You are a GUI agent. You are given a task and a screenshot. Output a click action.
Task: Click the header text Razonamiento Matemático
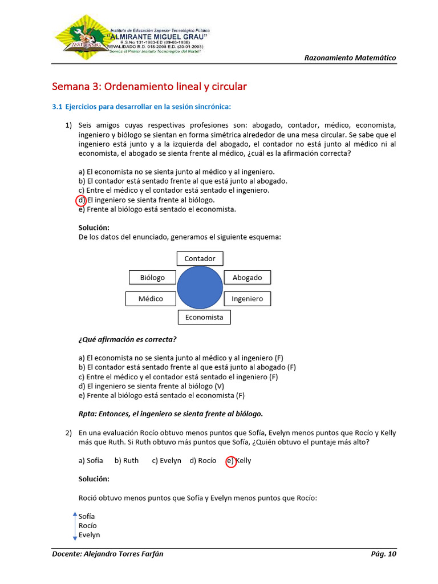click(350, 58)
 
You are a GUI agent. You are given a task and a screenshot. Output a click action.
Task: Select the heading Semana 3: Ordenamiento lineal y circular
click(149, 87)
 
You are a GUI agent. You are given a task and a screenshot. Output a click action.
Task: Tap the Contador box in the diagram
click(200, 258)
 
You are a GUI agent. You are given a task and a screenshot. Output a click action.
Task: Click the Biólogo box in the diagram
click(152, 277)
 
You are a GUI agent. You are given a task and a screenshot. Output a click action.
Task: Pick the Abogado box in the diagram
click(247, 277)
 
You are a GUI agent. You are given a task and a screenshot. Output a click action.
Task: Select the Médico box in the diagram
click(151, 298)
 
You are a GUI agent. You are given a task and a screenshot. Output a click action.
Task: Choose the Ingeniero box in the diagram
click(247, 298)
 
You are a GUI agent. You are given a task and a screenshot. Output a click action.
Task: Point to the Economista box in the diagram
click(204, 317)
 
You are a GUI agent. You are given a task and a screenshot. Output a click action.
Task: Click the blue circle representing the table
click(200, 287)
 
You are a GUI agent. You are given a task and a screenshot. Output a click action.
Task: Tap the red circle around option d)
click(81, 200)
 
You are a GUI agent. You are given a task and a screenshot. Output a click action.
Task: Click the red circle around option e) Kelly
click(231, 462)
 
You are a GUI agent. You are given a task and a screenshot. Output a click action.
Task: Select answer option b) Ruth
click(127, 461)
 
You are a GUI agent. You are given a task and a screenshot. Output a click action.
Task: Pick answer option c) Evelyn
click(167, 461)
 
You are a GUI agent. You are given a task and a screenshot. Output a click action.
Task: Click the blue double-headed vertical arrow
click(75, 526)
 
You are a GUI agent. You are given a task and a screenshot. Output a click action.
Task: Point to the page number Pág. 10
click(383, 554)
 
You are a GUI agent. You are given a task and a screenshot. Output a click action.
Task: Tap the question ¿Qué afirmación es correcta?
click(127, 339)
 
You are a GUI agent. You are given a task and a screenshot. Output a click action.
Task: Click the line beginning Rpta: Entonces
click(170, 414)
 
